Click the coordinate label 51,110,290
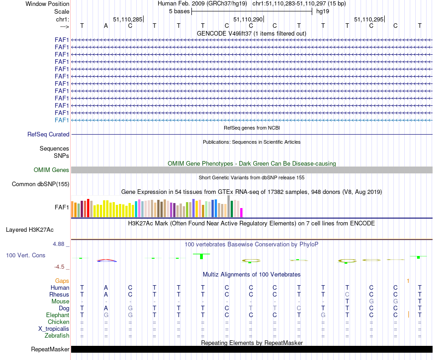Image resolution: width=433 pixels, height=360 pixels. point(248,19)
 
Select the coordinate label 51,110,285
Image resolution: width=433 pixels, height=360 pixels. point(128,19)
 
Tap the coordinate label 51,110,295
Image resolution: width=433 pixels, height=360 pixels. point(369,19)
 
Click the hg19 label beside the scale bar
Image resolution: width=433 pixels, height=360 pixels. point(323,11)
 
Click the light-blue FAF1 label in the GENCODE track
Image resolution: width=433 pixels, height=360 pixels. point(62,120)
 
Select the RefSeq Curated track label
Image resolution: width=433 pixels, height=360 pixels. point(48,135)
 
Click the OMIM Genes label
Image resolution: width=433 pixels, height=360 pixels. point(52,170)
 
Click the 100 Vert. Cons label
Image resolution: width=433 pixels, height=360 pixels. point(26,256)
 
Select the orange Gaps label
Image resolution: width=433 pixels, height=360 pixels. point(62,281)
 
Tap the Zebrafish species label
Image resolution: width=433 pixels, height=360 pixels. point(57,336)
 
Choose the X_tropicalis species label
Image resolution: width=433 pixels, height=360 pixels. point(54,329)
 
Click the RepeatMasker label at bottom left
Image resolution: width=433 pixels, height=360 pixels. point(50,350)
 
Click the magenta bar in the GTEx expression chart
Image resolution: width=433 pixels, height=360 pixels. point(242,213)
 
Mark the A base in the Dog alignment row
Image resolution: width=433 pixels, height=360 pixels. point(106,308)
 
